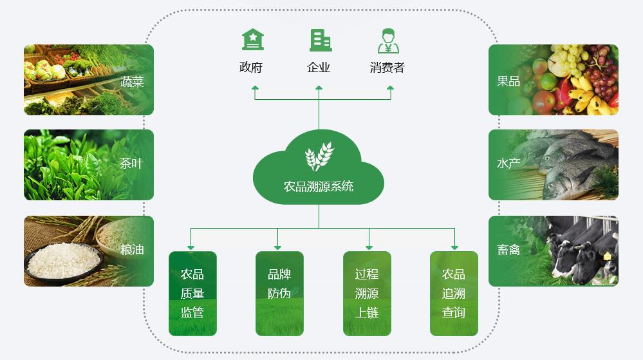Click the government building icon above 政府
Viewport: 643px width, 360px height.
253,40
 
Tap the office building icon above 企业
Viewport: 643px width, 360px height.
320,40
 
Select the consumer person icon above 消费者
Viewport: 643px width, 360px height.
387,41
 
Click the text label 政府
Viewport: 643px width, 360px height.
251,68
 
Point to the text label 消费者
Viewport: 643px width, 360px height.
387,68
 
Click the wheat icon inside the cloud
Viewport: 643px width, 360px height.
319,156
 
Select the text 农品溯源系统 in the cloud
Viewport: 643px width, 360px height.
319,187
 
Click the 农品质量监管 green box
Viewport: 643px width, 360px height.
192,294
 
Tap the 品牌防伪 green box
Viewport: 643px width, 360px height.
279,294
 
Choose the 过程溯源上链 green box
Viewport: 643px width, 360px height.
367,294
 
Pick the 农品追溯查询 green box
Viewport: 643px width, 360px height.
454,294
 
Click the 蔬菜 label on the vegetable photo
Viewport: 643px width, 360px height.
132,82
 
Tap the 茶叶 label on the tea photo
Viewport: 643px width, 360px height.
131,164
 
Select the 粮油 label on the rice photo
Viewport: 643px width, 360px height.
132,250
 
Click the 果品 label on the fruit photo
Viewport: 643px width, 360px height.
508,82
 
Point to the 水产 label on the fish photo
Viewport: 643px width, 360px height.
508,164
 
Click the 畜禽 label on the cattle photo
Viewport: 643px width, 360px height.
508,250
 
